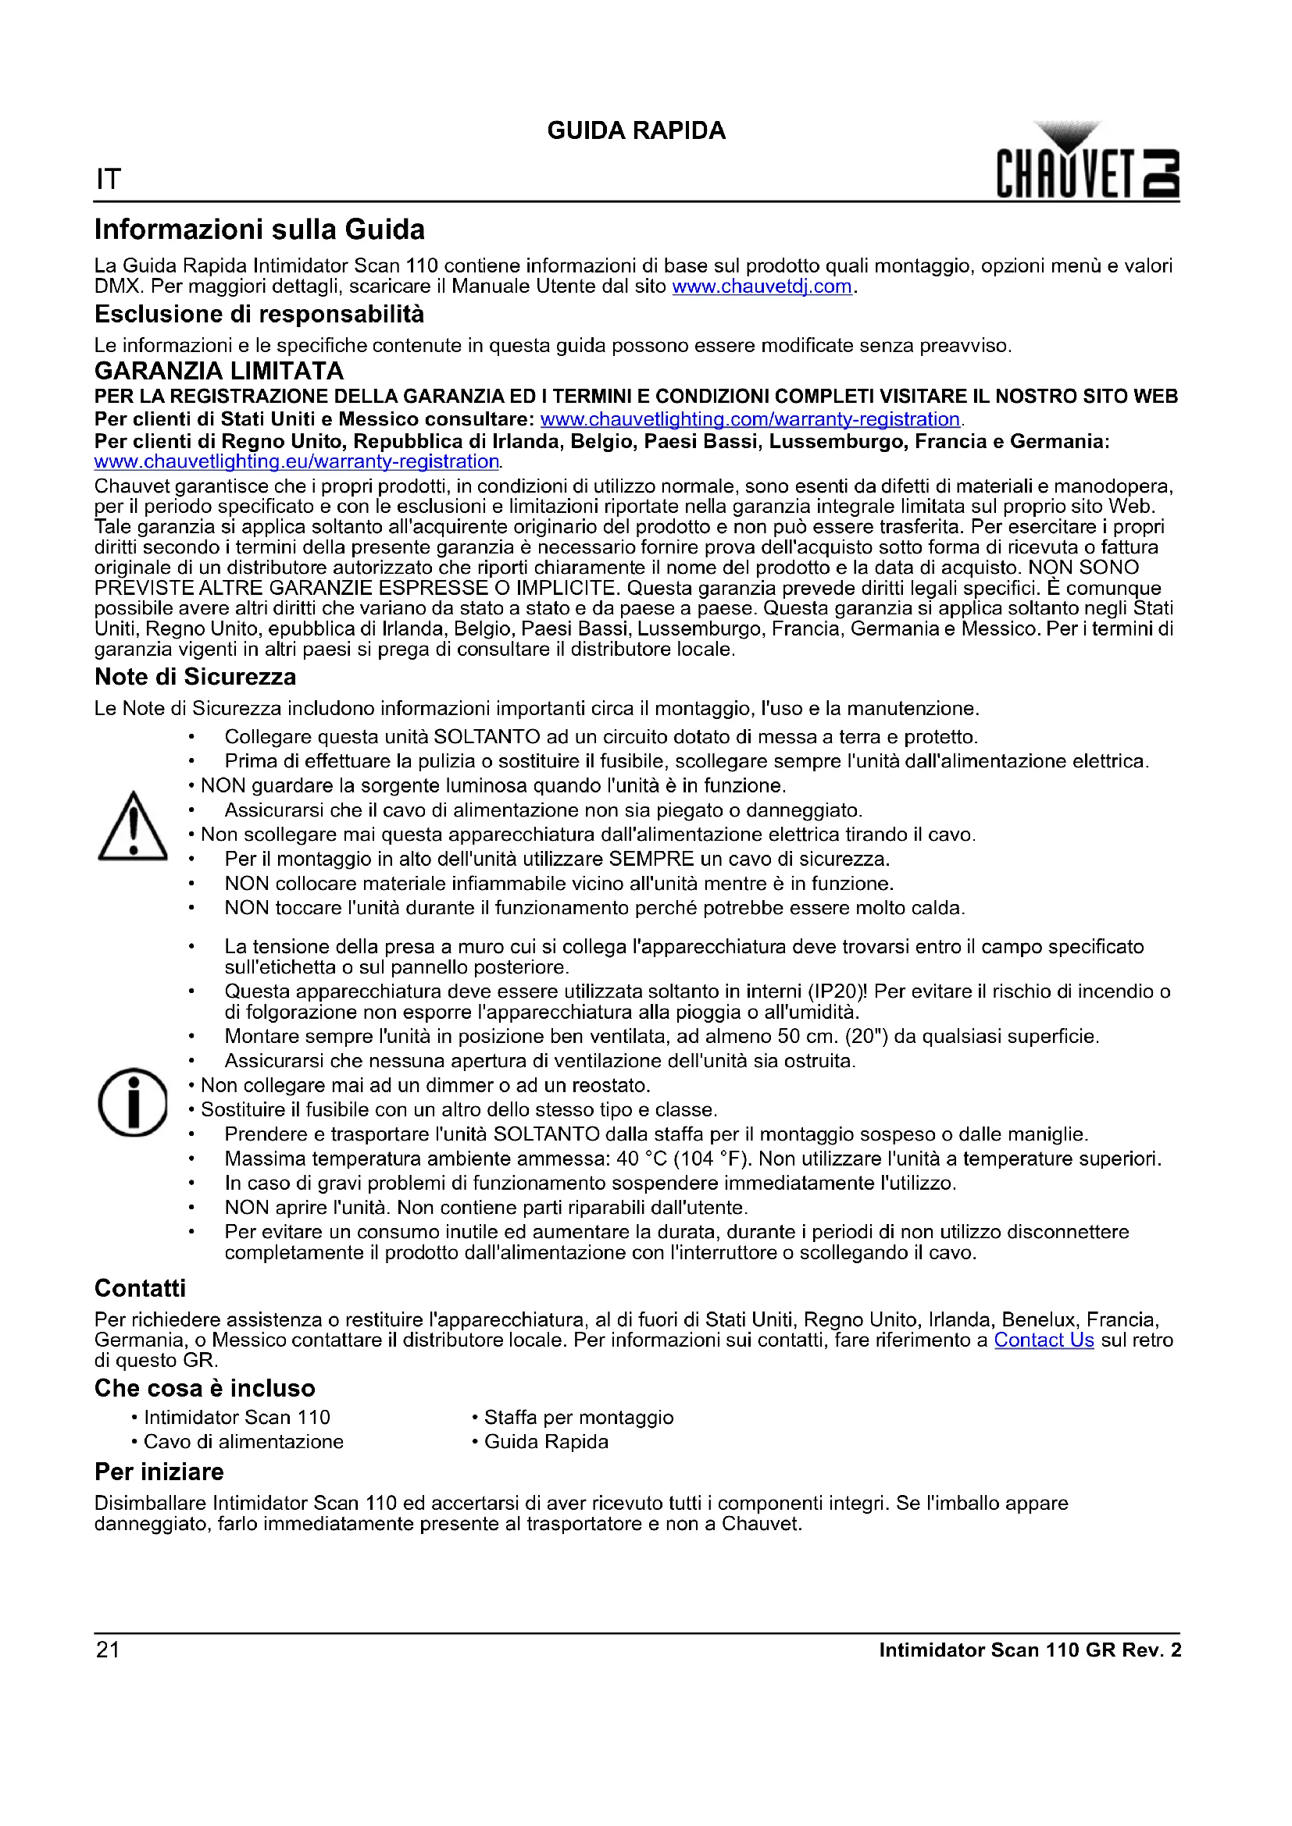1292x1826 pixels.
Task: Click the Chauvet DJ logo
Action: tap(1087, 162)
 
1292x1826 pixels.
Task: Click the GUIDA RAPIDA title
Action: tap(636, 130)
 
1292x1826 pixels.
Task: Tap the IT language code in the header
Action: tap(109, 180)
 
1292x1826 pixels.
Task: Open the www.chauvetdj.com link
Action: tap(762, 287)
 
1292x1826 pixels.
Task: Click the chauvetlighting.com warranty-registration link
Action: tap(749, 419)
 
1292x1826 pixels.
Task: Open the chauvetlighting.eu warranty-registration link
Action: tap(296, 461)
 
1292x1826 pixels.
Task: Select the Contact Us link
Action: tap(1044, 1340)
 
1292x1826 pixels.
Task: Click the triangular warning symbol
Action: tap(132, 827)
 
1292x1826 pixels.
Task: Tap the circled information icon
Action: tap(132, 1102)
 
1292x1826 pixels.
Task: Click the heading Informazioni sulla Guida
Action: tap(259, 230)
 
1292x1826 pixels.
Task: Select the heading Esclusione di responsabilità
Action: tap(259, 314)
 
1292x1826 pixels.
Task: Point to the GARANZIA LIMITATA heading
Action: tap(219, 371)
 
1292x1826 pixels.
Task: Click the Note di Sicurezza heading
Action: tap(195, 677)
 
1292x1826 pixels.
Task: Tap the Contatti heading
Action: tap(140, 1288)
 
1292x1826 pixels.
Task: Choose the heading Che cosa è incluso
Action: tap(205, 1388)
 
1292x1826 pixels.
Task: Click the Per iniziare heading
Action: tap(159, 1472)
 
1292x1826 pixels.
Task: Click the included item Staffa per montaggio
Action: tap(578, 1417)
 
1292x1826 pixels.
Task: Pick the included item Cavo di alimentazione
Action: tap(244, 1442)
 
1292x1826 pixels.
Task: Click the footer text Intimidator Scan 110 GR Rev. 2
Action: tap(1030, 1650)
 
